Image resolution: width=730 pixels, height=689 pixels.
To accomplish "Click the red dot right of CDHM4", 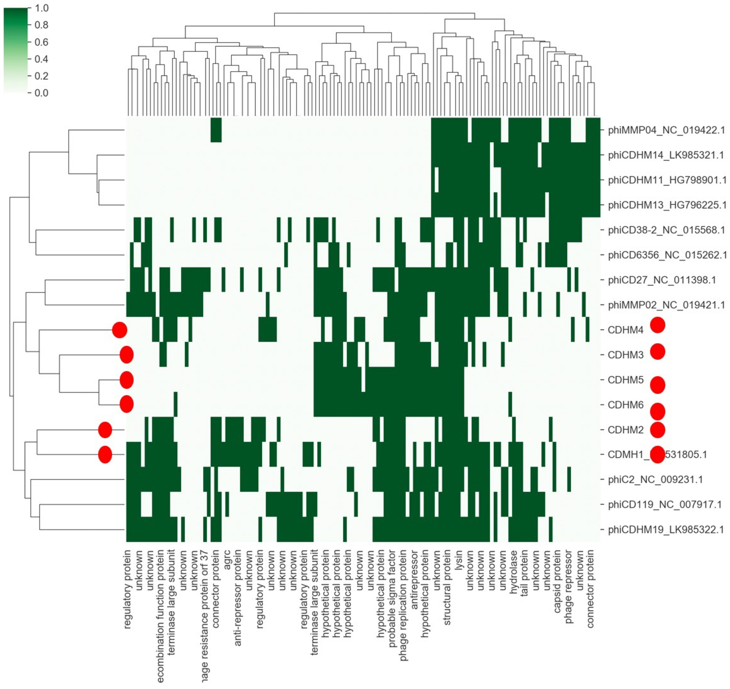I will [x=657, y=325].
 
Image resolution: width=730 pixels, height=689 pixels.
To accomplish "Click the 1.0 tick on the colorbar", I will [x=41, y=8].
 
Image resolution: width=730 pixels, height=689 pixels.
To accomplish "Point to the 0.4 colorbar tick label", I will [x=41, y=59].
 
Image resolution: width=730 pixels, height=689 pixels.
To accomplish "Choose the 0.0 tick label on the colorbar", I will [x=41, y=93].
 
